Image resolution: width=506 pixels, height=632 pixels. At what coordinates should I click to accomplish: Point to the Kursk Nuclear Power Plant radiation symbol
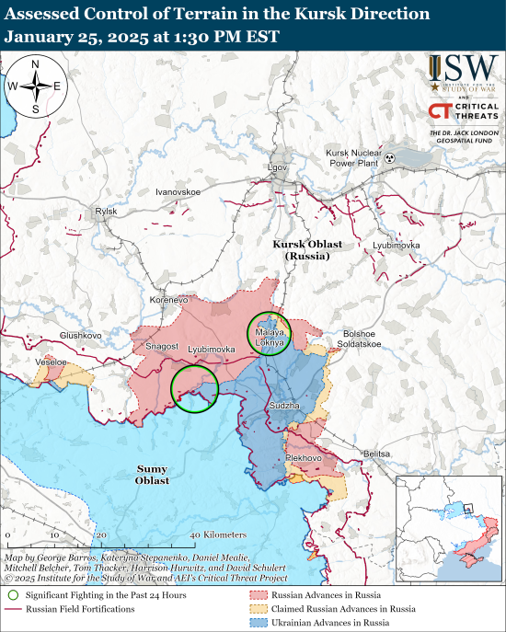pyautogui.click(x=391, y=158)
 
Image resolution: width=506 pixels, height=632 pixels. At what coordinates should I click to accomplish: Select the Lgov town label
pyautogui.click(x=277, y=167)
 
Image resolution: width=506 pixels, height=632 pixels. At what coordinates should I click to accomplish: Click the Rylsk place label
pyautogui.click(x=106, y=212)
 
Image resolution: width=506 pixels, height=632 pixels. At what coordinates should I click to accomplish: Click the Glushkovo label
pyautogui.click(x=80, y=335)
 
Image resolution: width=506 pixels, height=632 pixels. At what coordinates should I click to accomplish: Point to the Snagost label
pyautogui.click(x=163, y=346)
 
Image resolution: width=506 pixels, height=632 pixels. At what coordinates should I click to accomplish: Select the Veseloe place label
pyautogui.click(x=51, y=363)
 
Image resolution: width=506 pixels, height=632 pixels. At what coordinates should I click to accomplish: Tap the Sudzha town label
pyautogui.click(x=282, y=405)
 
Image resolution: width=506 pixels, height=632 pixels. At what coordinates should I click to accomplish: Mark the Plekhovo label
pyautogui.click(x=303, y=457)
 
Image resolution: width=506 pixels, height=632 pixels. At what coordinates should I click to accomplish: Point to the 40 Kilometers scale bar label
pyautogui.click(x=219, y=534)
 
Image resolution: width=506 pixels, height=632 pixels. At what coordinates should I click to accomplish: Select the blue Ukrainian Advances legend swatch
pyautogui.click(x=256, y=623)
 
